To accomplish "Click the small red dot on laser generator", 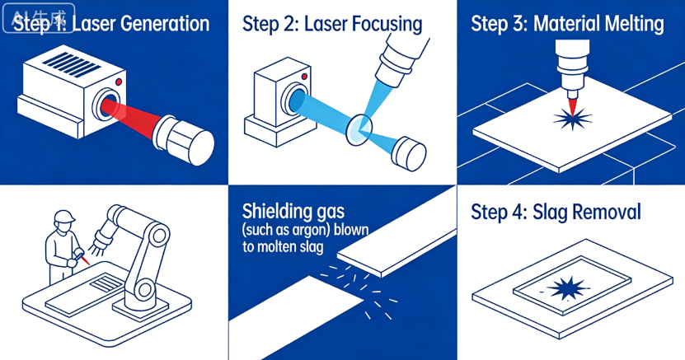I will point(120,82).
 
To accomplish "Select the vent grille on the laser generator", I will point(60,64).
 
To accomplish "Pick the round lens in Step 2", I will point(359,127).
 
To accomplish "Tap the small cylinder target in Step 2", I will point(409,152).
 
